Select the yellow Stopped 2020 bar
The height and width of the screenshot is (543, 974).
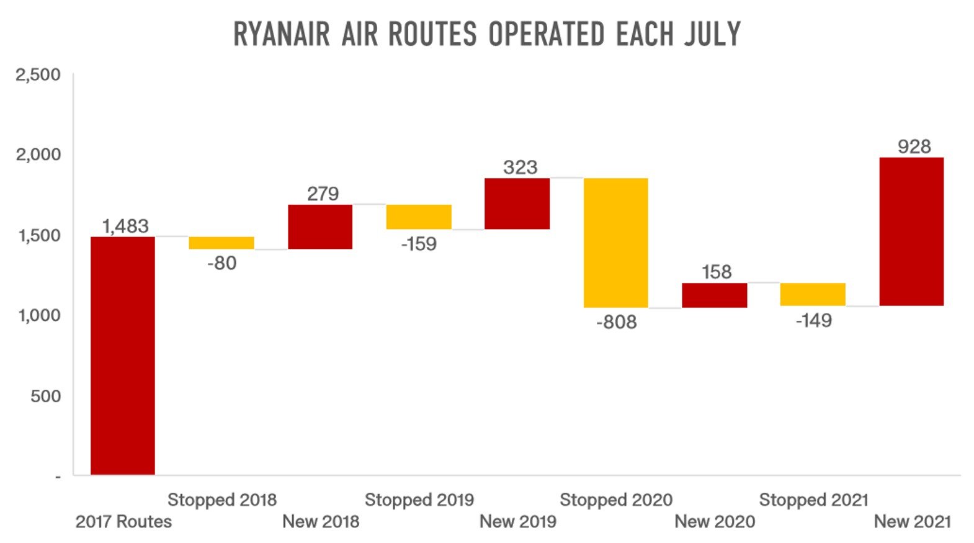616,243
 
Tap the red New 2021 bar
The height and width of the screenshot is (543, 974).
911,231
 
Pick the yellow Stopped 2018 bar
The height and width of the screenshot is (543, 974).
221,243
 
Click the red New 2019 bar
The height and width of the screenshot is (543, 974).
517,204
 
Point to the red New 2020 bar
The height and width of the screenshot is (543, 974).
715,295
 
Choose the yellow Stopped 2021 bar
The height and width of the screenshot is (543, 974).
813,294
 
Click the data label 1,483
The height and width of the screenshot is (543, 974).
125,226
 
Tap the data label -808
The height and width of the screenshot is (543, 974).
616,322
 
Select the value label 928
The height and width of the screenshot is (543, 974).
914,146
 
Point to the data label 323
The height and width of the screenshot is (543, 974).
520,168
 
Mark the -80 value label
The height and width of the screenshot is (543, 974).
221,263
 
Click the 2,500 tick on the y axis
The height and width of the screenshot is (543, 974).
38,75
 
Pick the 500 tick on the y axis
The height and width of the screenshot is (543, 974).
46,396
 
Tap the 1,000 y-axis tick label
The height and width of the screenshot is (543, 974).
38,315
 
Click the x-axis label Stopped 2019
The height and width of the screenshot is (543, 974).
419,500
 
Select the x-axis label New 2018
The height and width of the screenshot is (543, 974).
321,521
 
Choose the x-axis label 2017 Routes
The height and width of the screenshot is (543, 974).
123,521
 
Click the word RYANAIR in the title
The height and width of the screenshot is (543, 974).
282,34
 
